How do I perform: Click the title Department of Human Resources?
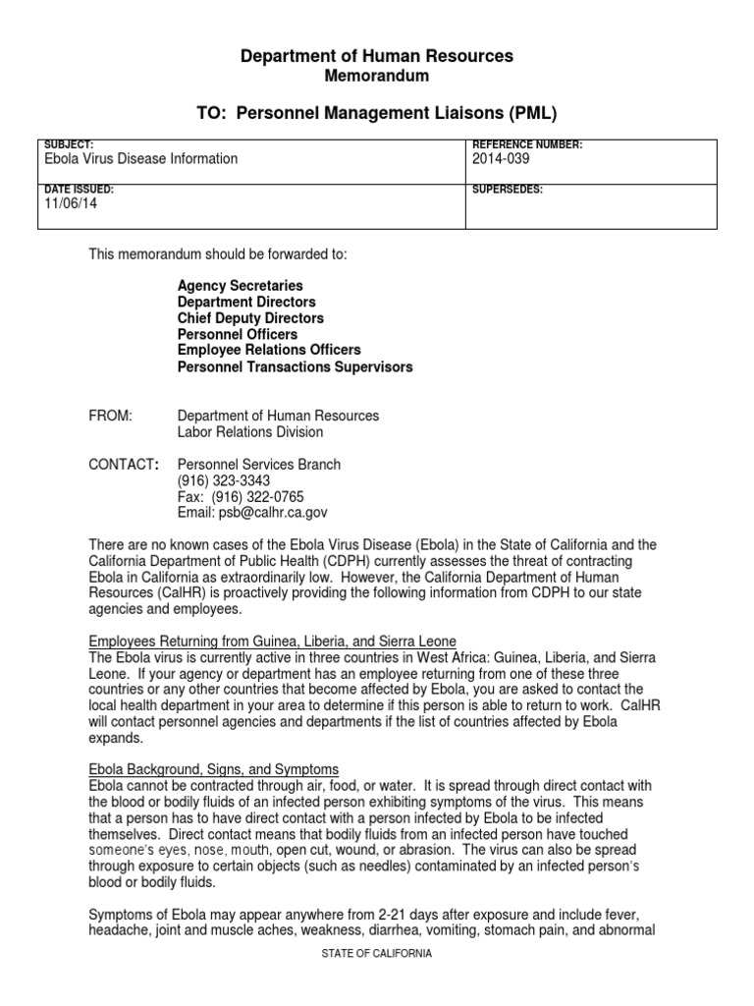click(x=377, y=57)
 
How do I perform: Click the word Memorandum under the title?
click(x=377, y=76)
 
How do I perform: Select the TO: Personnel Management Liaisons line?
click(x=377, y=112)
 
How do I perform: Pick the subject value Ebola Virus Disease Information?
click(x=141, y=158)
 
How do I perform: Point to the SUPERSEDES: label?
click(x=508, y=189)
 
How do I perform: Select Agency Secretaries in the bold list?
click(x=240, y=285)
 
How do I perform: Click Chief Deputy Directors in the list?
click(x=250, y=318)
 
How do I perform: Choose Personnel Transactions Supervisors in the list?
click(x=295, y=366)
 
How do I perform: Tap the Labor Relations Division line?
click(x=249, y=431)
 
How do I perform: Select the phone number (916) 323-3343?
click(x=223, y=480)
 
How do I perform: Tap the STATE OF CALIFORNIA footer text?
click(x=376, y=953)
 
